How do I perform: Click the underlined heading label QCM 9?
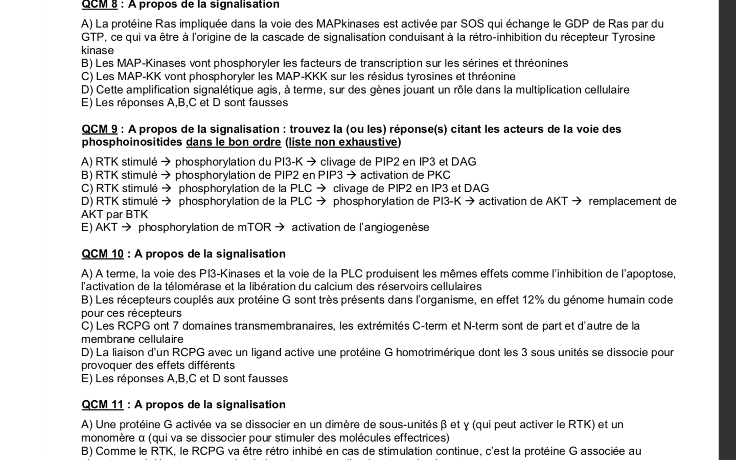pos(100,129)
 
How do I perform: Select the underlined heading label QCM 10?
pos(103,254)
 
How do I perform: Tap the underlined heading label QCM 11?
pos(103,405)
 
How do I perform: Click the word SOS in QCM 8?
pos(472,24)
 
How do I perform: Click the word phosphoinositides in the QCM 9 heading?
pos(132,142)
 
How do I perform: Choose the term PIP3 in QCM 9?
pos(330,175)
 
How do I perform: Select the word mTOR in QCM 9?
pos(254,227)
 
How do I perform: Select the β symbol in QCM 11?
pos(443,425)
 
